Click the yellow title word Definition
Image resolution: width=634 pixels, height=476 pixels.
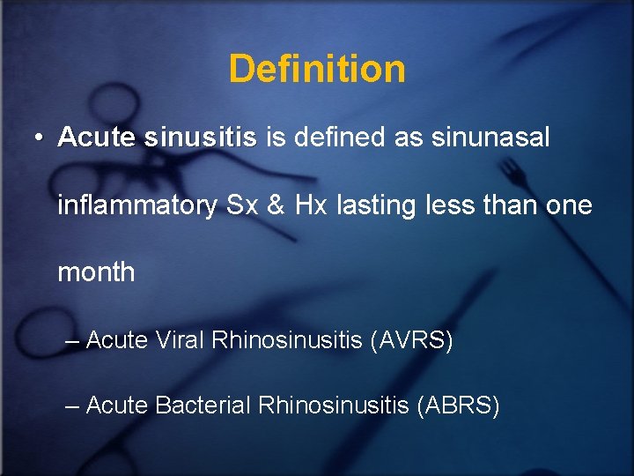coord(317,69)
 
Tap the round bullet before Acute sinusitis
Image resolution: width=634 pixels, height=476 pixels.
coord(39,139)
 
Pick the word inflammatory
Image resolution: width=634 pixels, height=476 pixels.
coord(137,206)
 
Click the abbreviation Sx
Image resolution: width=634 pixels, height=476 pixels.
coord(243,205)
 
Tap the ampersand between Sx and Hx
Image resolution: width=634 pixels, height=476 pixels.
coord(276,205)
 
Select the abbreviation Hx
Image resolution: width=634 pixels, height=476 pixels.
coord(309,205)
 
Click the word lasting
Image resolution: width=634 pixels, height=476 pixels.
coord(373,205)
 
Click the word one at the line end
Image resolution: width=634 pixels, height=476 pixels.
coord(569,206)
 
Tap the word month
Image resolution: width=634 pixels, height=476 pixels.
coord(96,272)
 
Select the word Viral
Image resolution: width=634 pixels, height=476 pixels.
coord(181,340)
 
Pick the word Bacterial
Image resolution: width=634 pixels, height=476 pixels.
coord(203,405)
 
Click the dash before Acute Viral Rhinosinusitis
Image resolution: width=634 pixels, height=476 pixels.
coord(72,341)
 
